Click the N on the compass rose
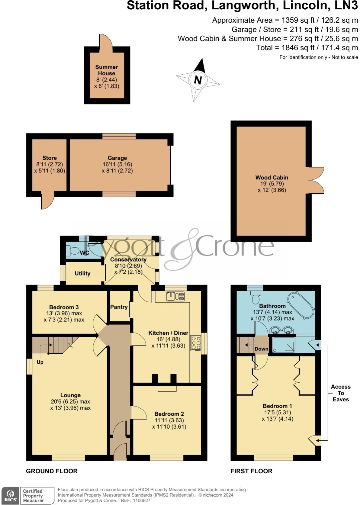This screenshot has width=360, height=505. pyautogui.click(x=198, y=80)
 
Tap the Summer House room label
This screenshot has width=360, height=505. pyautogui.click(x=107, y=70)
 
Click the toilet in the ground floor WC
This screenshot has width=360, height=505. pyautogui.click(x=73, y=251)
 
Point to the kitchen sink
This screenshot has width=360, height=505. pyautogui.click(x=175, y=296)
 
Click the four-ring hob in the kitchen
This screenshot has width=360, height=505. pyautogui.click(x=196, y=343)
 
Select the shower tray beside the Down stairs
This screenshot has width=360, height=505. pyautogui.click(x=284, y=345)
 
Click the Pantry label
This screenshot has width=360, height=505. pyautogui.click(x=119, y=307)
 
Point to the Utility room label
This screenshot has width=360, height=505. pyautogui.click(x=82, y=273)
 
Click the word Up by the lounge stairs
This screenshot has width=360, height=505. pyautogui.click(x=40, y=362)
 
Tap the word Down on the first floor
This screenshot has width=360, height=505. pyautogui.click(x=261, y=349)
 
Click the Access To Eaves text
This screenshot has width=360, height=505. pyautogui.click(x=341, y=393)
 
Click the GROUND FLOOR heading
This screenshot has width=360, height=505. pyautogui.click(x=52, y=471)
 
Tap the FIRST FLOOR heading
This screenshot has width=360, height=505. pyautogui.click(x=251, y=471)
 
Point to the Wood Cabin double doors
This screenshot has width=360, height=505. pyautogui.click(x=316, y=180)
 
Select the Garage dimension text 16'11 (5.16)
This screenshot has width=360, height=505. pyautogui.click(x=117, y=164)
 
